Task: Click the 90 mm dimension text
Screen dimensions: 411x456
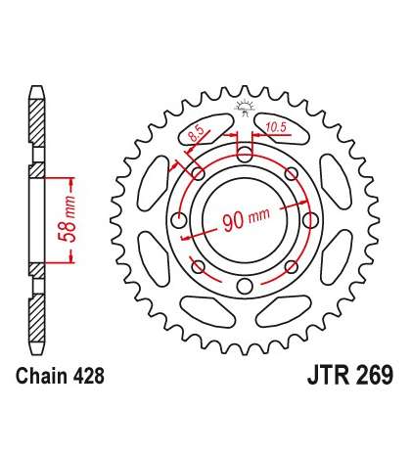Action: point(247,218)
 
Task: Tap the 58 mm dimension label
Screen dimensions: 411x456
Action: point(67,219)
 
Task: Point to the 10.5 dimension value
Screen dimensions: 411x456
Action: point(276,127)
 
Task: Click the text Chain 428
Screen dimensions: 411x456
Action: point(61,376)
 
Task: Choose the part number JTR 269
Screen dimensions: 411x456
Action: point(350,376)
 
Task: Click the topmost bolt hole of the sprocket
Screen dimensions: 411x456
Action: point(245,155)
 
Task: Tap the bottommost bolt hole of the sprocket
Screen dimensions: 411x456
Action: point(245,286)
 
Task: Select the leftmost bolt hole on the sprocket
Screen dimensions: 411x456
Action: point(178,220)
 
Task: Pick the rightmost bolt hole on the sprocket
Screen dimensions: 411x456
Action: point(310,220)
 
